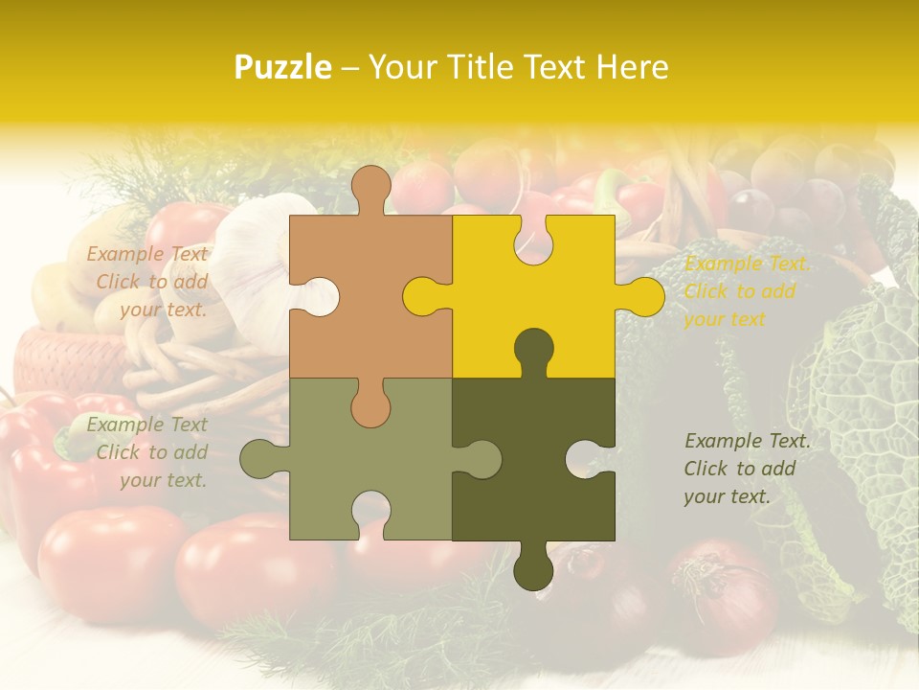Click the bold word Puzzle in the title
pyautogui.click(x=283, y=67)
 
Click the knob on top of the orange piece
pyautogui.click(x=370, y=188)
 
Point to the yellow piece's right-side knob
pyautogui.click(x=641, y=296)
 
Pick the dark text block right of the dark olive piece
pyautogui.click(x=747, y=469)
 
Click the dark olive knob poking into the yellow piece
pyautogui.click(x=533, y=351)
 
